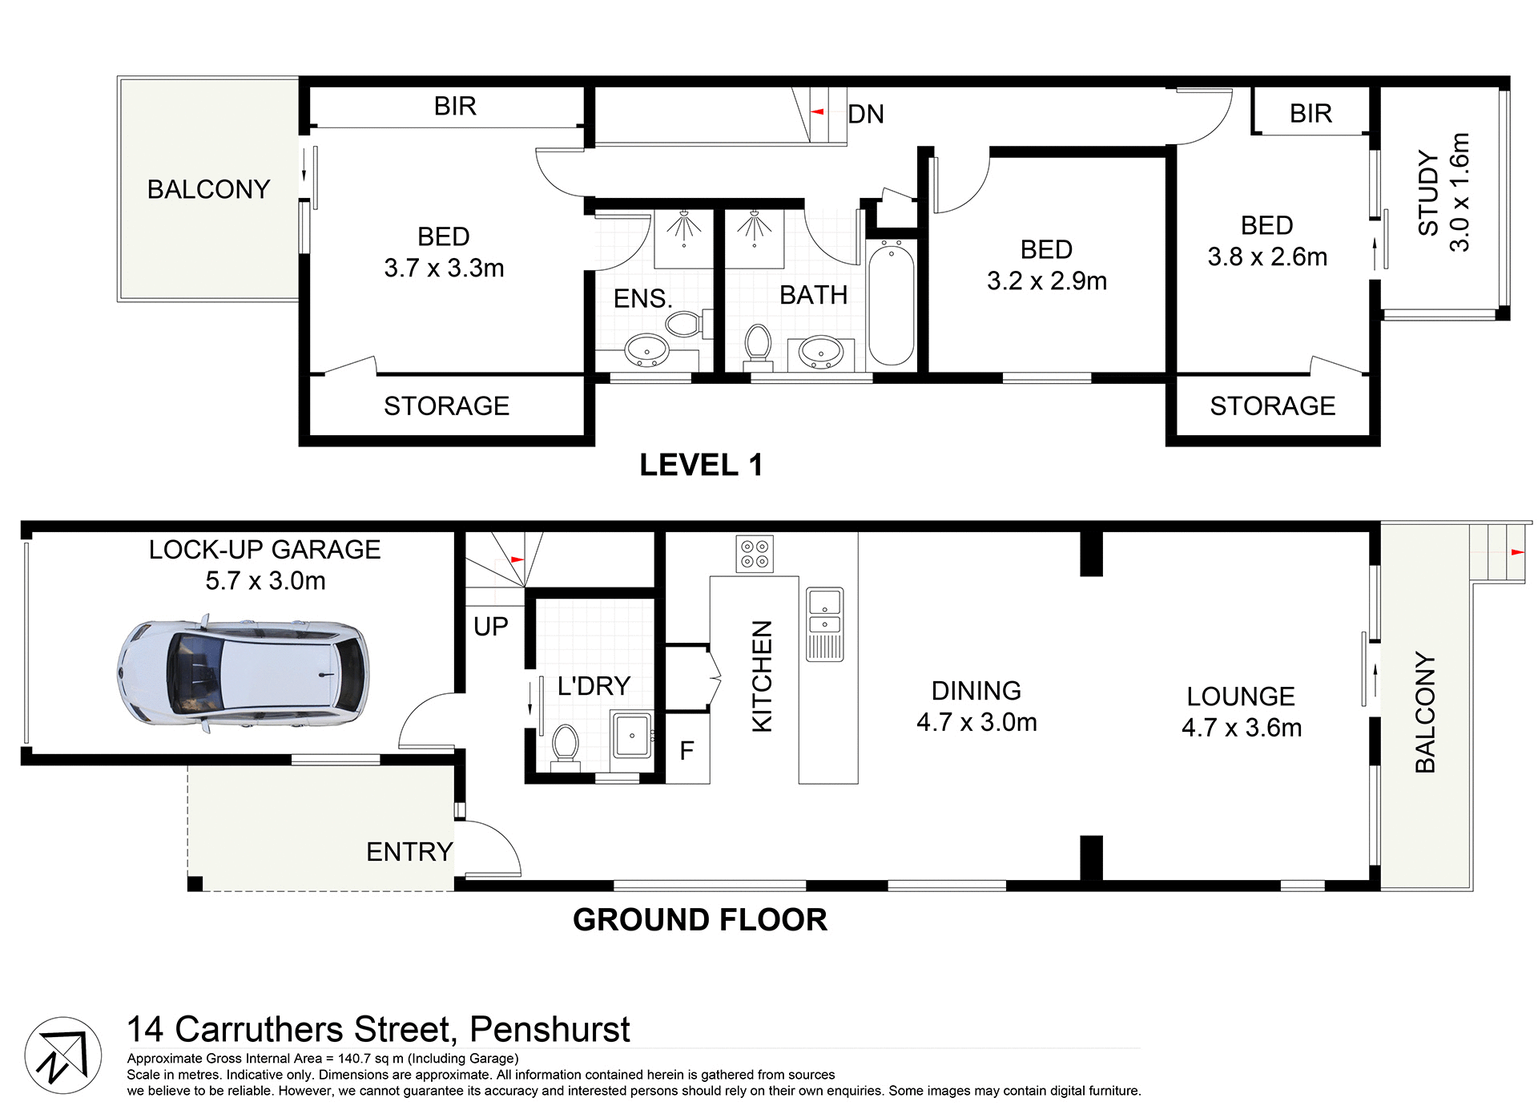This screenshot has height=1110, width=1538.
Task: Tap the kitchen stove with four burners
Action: tap(754, 554)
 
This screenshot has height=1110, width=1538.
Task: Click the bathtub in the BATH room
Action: tap(891, 305)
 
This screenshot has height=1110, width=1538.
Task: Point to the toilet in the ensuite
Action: tap(682, 325)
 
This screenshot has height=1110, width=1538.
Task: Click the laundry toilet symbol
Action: tap(566, 745)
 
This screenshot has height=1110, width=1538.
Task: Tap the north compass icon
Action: tap(62, 1055)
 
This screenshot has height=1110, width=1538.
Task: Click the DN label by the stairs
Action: tap(865, 114)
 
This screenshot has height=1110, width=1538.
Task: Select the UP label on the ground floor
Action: tap(490, 626)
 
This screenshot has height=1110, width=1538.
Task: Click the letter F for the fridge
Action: tap(686, 751)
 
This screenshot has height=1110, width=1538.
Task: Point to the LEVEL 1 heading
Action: tap(701, 465)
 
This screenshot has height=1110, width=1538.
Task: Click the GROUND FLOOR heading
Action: tap(699, 919)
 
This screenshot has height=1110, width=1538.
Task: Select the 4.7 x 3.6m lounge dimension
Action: tap(1241, 728)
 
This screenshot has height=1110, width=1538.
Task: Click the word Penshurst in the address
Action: tap(550, 1029)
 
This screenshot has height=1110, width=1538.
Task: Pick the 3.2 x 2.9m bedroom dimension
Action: tap(1046, 281)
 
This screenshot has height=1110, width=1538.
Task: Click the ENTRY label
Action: tap(409, 851)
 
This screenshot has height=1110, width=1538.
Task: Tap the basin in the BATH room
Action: tap(820, 351)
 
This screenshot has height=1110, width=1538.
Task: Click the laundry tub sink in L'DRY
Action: tap(632, 733)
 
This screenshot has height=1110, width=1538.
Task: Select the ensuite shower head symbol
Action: tap(683, 224)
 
